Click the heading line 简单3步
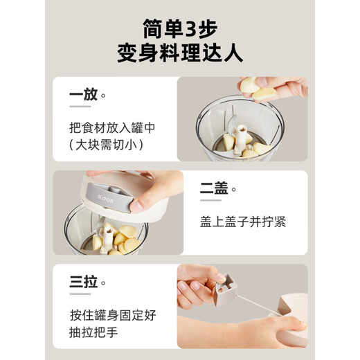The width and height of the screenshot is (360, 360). (179, 29)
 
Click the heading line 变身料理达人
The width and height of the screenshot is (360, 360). (179, 54)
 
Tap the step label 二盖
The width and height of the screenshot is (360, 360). (215, 188)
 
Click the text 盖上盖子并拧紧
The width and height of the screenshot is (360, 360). (242, 222)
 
